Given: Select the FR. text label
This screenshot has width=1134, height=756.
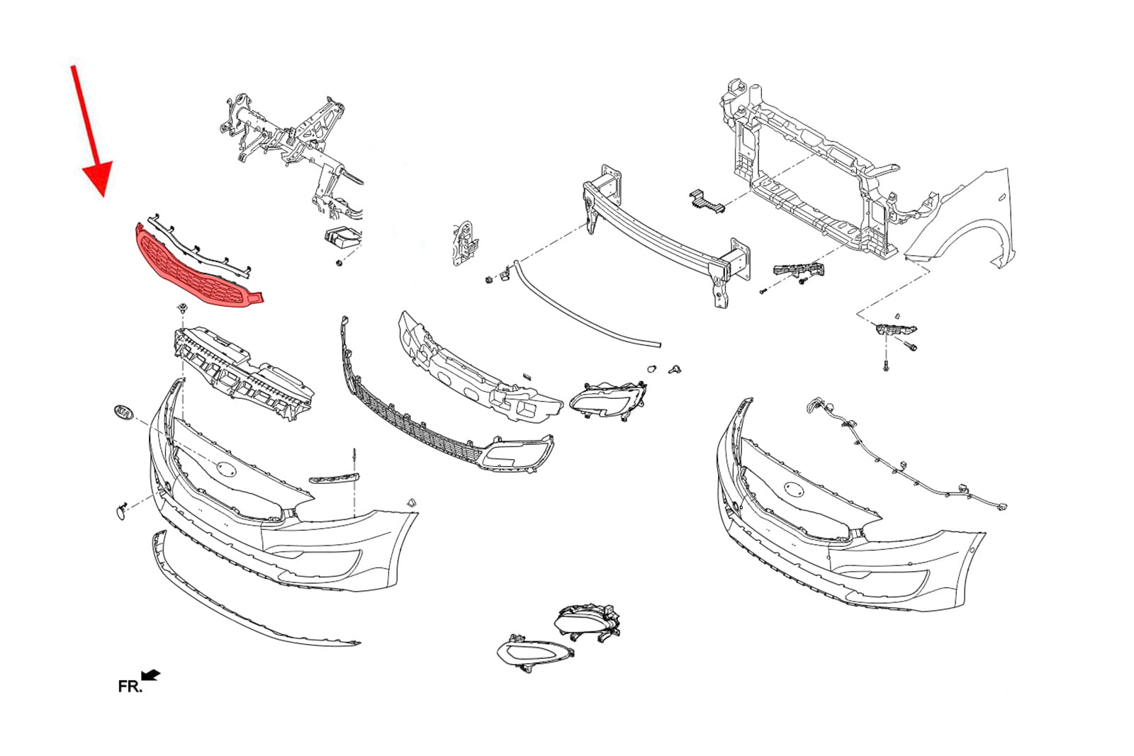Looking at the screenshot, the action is click(x=130, y=687).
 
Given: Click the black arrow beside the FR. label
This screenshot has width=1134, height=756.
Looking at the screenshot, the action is click(x=150, y=675).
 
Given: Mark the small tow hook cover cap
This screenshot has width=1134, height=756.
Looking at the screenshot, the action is click(x=121, y=511).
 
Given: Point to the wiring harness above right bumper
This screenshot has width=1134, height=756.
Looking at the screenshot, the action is click(x=906, y=456).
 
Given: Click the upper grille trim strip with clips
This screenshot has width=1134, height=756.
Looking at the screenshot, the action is click(x=199, y=247).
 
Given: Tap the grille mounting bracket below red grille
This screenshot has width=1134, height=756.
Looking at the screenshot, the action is click(x=243, y=373).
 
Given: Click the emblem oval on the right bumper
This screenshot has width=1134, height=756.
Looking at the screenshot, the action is click(x=793, y=490).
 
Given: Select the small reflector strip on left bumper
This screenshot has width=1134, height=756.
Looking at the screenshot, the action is click(x=334, y=478).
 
